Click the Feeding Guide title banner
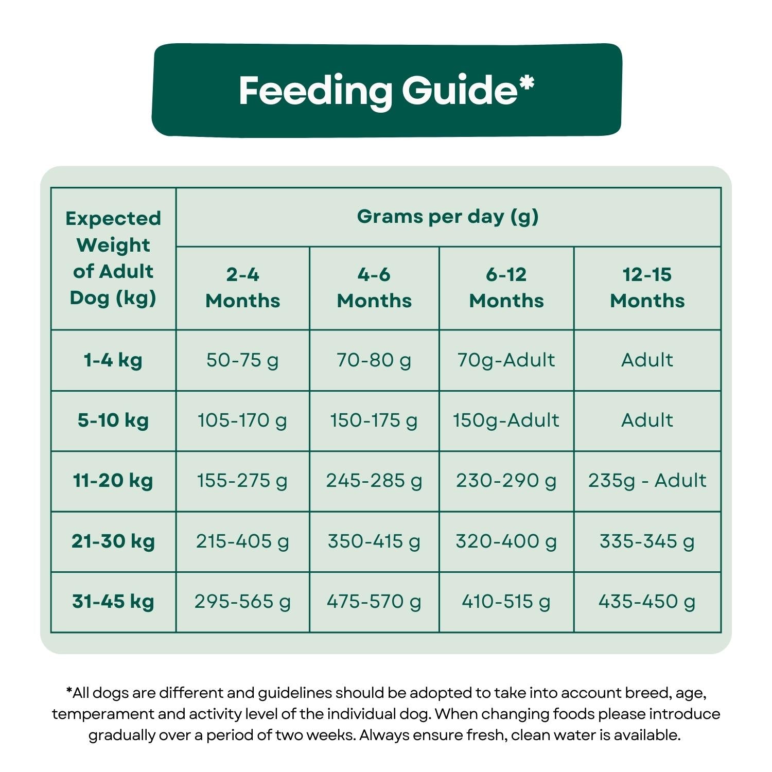[x=387, y=90]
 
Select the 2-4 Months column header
[x=242, y=288]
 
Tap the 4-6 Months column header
[x=374, y=288]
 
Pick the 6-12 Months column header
[x=506, y=288]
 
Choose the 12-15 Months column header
[x=647, y=288]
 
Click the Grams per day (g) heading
[x=448, y=217]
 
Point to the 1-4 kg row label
[x=113, y=360]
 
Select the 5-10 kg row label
[x=113, y=420]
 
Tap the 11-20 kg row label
[x=113, y=481]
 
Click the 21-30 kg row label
[x=113, y=541]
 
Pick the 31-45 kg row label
[x=113, y=602]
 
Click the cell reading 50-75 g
[x=242, y=360]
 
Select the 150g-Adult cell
[x=506, y=420]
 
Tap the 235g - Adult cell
[x=647, y=481]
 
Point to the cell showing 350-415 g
[x=374, y=541]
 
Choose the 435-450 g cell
[x=647, y=602]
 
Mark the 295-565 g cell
[x=242, y=602]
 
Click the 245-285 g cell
[x=374, y=481]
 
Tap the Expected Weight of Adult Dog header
[x=113, y=258]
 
